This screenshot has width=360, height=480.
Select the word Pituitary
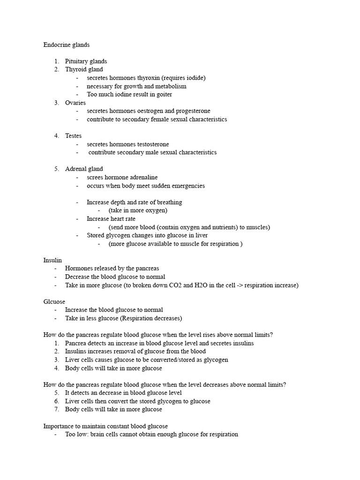[76, 61]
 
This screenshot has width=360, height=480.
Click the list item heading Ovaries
[75, 103]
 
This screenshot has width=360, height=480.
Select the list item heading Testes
[73, 136]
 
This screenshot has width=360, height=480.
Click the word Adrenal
[76, 169]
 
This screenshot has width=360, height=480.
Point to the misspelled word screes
[96, 178]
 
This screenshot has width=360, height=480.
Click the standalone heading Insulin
[52, 260]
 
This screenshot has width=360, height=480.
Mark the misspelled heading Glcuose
[54, 302]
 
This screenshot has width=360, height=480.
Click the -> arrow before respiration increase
[249, 285]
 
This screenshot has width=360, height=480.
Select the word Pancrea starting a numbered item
[76, 343]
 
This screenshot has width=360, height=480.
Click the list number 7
[57, 409]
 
